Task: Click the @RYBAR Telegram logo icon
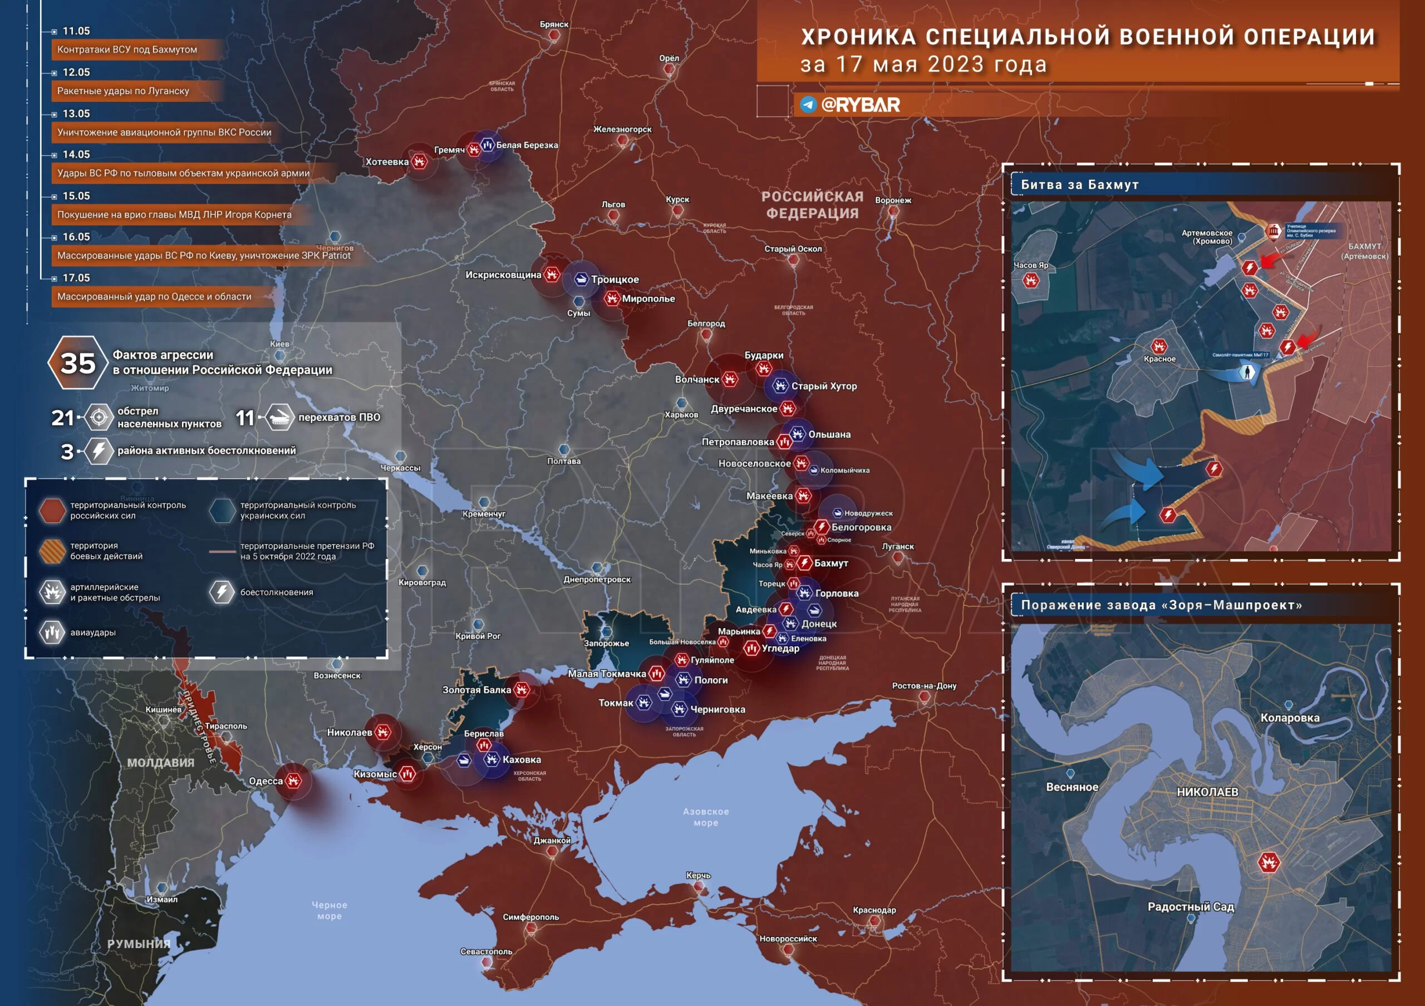point(808,105)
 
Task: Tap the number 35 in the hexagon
point(77,363)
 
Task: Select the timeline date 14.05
point(76,155)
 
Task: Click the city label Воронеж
point(893,200)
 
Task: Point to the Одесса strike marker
point(293,781)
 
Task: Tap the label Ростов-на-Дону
point(924,686)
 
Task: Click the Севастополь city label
point(487,951)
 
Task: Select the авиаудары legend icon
point(52,632)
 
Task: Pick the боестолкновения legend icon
point(222,592)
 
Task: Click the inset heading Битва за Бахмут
point(1079,185)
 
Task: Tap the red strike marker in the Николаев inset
point(1269,862)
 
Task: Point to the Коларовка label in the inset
point(1290,718)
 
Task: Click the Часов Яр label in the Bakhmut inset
point(1031,266)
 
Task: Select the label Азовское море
point(706,817)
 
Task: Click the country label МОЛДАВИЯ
point(161,763)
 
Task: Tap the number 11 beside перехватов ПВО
point(245,418)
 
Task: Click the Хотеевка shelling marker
point(420,162)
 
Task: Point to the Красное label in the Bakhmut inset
point(1159,359)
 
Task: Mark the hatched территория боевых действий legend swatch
point(52,551)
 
